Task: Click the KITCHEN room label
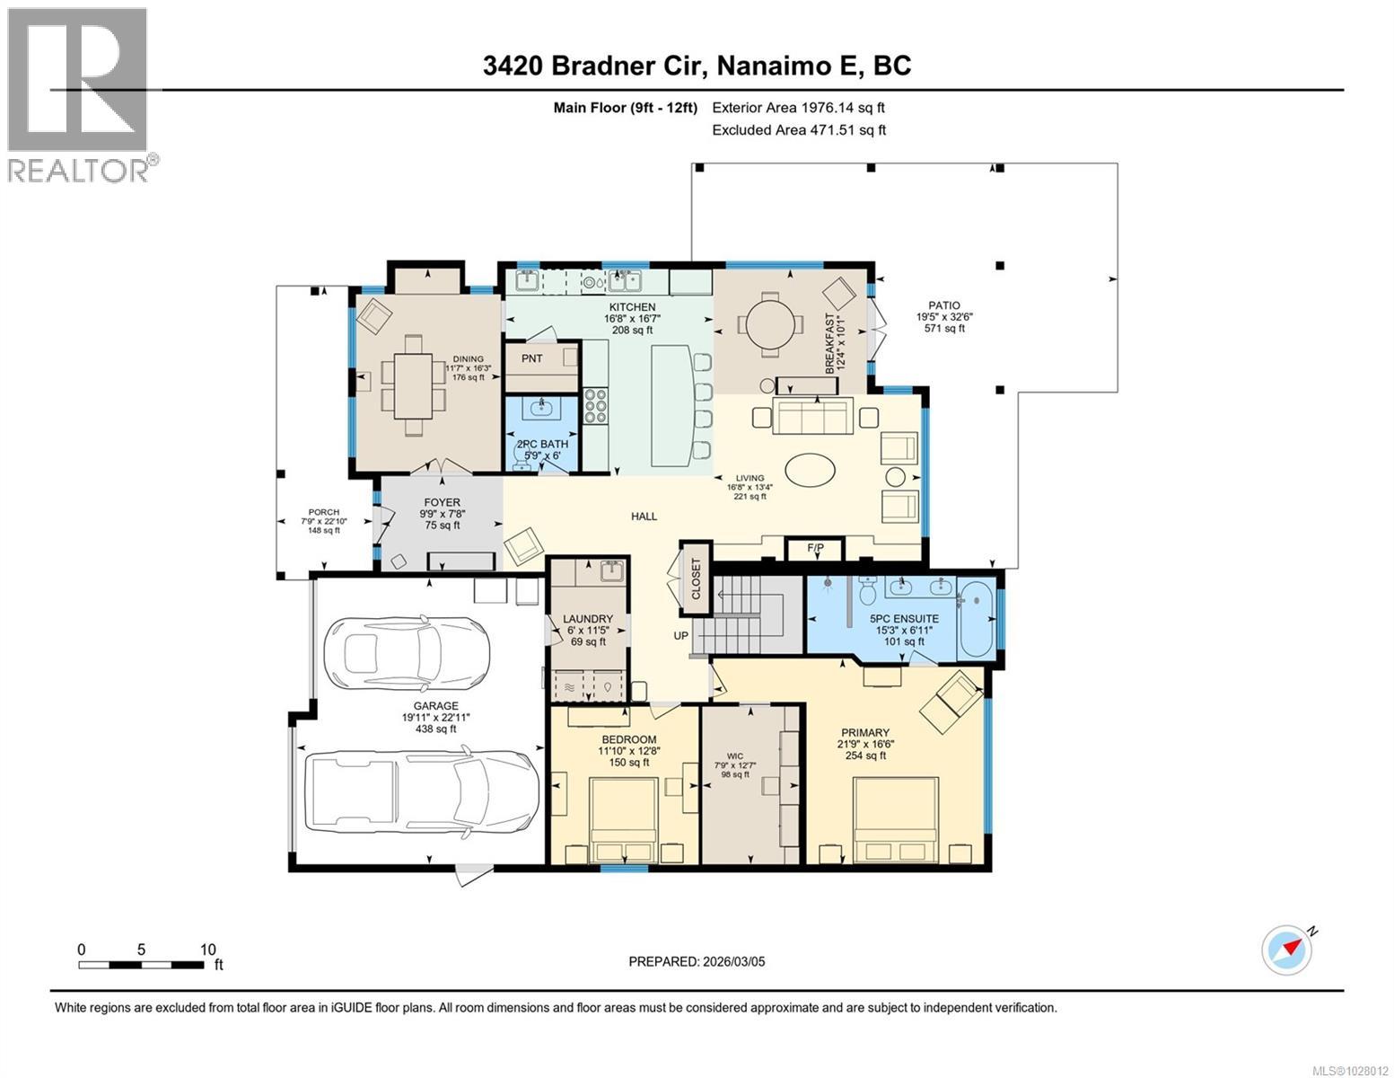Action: tap(633, 307)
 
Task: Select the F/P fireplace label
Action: tap(815, 547)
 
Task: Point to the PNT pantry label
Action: tap(531, 358)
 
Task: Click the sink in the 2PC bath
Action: tap(541, 409)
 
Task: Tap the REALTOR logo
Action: tap(79, 94)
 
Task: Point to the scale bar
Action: tap(141, 965)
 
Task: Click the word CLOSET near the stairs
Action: tap(696, 579)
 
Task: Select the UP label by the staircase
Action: tap(682, 635)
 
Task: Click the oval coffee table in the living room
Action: tap(811, 469)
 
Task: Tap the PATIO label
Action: tap(944, 305)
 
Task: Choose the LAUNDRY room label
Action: tap(588, 619)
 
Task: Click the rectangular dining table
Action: tap(413, 385)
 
